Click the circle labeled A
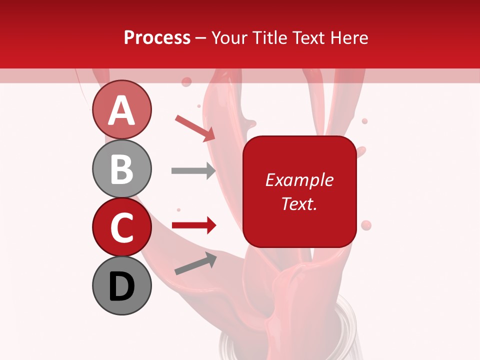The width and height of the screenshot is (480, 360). (x=121, y=109)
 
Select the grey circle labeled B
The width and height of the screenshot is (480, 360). (x=121, y=168)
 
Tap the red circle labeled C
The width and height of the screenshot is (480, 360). (x=121, y=227)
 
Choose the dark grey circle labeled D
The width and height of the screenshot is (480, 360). (x=121, y=285)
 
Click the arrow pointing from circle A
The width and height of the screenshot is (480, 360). (x=195, y=127)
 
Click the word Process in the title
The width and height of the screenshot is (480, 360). (x=157, y=37)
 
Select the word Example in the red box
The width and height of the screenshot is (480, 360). (x=299, y=180)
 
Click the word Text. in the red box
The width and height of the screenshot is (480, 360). (x=299, y=203)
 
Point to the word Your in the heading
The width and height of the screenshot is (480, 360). (x=228, y=37)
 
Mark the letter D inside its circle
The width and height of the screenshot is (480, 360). (x=121, y=286)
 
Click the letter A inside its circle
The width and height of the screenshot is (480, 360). (x=121, y=110)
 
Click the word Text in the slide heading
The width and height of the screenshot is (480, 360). (x=308, y=37)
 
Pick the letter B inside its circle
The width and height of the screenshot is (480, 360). (x=121, y=169)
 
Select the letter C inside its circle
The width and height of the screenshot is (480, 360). (x=121, y=227)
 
